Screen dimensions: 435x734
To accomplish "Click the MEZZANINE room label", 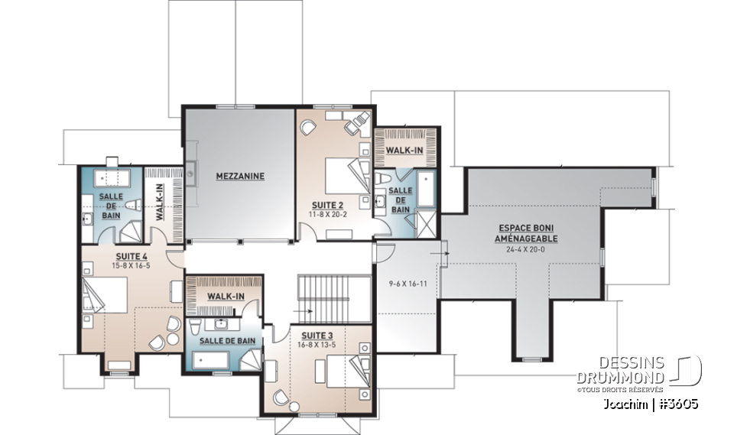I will [239, 176].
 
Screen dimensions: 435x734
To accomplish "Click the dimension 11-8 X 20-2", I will [327, 215].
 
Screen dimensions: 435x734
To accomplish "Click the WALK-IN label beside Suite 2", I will [404, 151].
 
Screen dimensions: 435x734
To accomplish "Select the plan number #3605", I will [674, 404].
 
